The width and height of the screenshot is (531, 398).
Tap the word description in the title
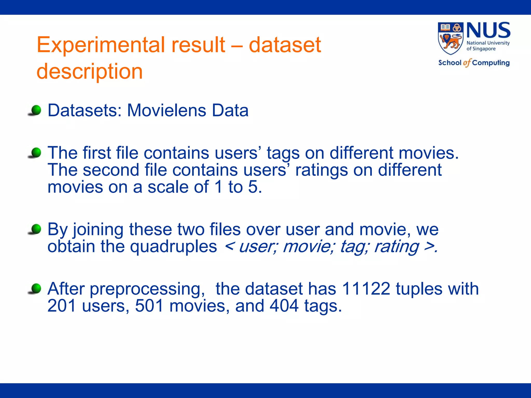coord(89,72)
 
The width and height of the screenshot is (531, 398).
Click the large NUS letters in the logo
coord(488,31)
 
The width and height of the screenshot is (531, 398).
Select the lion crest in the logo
coord(450,38)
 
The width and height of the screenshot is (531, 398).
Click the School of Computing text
coord(474,63)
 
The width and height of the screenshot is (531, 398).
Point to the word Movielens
coord(166,111)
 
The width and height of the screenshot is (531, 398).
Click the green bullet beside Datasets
coord(36,110)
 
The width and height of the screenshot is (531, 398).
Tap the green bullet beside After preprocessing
coord(36,288)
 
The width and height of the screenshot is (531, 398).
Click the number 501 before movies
coord(149,306)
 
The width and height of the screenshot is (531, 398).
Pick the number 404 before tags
coord(284,306)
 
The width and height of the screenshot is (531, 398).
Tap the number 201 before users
coord(62,306)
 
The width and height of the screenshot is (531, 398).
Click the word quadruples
coord(173,246)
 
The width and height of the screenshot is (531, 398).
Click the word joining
coord(98,230)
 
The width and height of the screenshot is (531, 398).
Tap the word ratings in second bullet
coord(321,170)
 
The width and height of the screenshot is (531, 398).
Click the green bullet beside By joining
coord(36,229)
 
